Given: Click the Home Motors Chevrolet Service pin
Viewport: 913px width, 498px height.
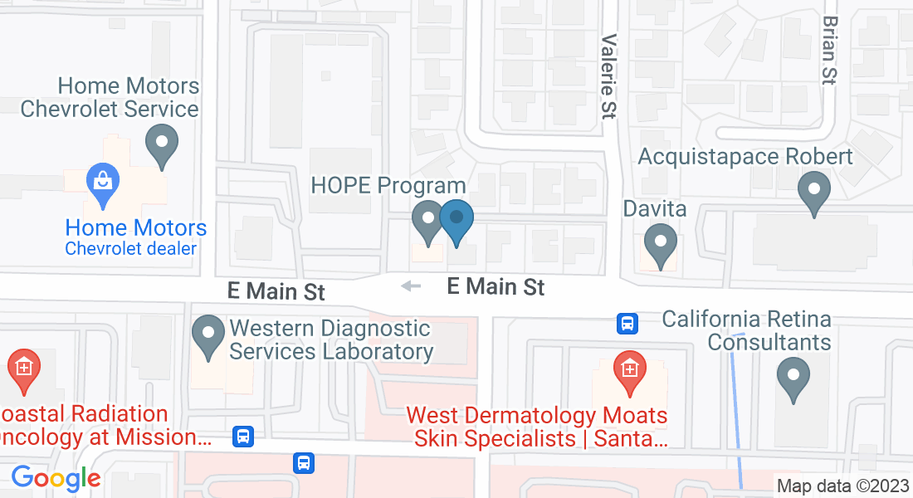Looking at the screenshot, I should [162, 144].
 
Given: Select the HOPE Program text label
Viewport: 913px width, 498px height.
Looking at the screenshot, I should [388, 184].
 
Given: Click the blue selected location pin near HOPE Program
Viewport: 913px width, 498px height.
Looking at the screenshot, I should [456, 221].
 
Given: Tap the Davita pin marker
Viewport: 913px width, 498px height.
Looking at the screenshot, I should [661, 244].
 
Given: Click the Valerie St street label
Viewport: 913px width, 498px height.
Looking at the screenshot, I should [610, 75].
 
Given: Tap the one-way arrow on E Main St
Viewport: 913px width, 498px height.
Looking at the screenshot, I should [411, 286].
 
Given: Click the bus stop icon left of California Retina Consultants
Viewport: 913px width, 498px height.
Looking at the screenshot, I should [627, 323].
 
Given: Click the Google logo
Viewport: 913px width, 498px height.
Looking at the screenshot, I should [56, 478].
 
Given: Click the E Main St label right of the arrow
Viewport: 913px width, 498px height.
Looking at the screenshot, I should [496, 287].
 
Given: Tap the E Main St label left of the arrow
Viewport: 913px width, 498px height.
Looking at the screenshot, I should [276, 291].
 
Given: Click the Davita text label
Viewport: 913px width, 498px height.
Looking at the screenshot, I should [655, 208].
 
